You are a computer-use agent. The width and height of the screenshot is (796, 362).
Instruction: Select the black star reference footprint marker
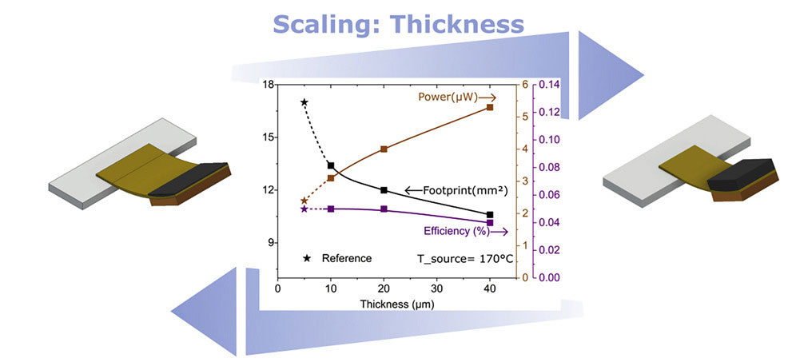coord(304,102)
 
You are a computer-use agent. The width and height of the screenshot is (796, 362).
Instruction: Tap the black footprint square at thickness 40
coord(490,214)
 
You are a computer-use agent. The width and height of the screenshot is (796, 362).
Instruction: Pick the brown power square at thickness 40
coord(490,107)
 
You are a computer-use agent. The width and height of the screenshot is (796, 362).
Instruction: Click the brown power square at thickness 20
coord(384,149)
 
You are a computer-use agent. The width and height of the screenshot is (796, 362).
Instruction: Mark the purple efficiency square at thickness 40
coord(490,222)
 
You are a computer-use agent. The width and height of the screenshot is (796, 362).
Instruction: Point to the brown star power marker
coord(304,201)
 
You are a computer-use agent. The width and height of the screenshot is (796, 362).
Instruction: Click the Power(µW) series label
coord(448,97)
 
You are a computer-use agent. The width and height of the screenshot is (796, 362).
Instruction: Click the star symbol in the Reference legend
coord(307,258)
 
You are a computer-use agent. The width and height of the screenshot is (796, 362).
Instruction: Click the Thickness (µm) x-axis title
coord(396,304)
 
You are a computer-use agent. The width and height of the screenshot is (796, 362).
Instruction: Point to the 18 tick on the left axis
coord(268,85)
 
